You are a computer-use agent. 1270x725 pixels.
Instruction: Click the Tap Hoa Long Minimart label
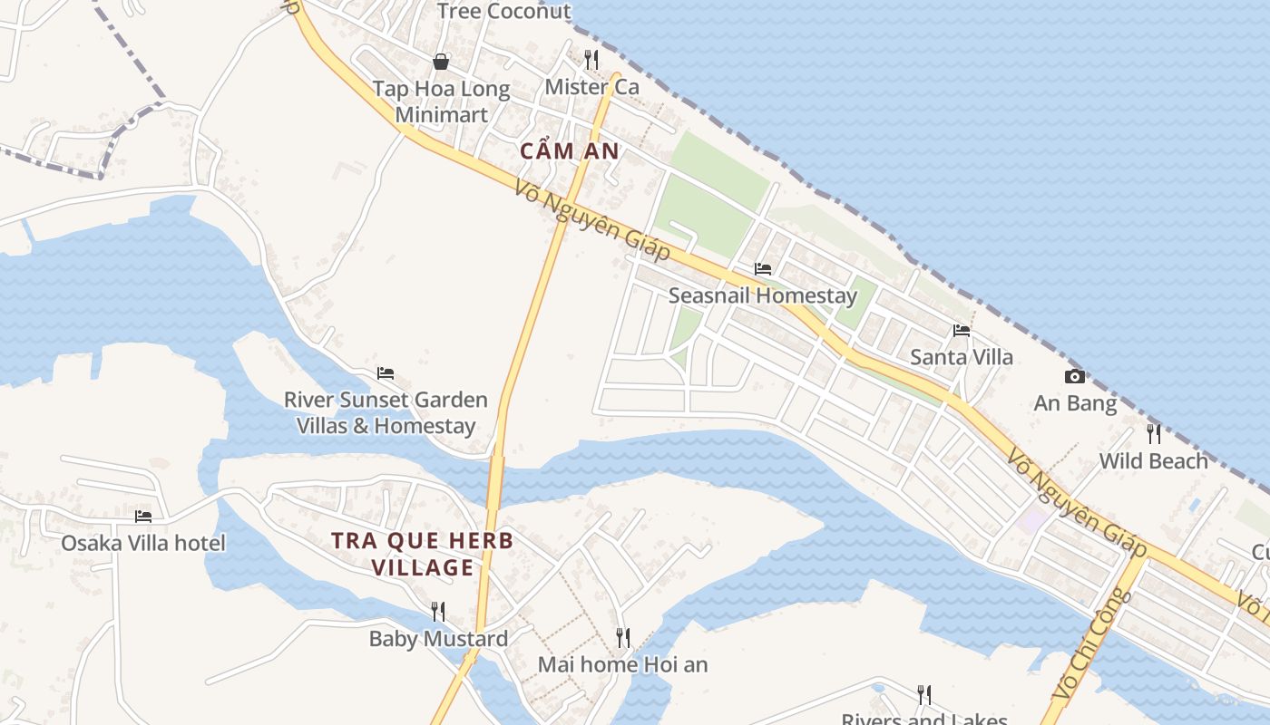442,102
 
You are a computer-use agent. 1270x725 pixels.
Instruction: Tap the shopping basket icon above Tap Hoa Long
441,62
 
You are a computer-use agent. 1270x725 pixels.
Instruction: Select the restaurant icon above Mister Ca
591,60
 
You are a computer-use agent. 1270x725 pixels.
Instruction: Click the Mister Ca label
591,87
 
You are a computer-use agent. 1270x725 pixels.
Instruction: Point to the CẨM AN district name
570,151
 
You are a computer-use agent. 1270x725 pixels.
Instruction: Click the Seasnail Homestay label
762,295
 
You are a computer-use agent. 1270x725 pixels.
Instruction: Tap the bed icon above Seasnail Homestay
763,269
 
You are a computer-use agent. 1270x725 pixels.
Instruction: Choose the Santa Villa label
962,357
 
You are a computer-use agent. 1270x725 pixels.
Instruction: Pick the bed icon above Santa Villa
962,331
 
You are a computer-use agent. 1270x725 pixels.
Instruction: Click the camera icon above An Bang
1075,376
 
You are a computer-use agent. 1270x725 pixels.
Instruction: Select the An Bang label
1075,403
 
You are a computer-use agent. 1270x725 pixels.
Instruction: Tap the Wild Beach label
1154,461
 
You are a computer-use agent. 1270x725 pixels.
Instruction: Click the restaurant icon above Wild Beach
1154,434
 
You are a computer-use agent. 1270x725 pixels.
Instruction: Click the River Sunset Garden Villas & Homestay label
386,412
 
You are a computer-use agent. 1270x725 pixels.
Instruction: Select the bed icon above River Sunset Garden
386,373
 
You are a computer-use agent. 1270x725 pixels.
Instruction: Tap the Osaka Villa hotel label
143,543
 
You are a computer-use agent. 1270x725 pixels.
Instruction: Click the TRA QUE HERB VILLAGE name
422,554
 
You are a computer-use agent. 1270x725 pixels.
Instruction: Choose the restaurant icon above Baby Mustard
438,612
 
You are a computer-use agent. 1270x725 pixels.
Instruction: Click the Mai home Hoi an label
622,664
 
